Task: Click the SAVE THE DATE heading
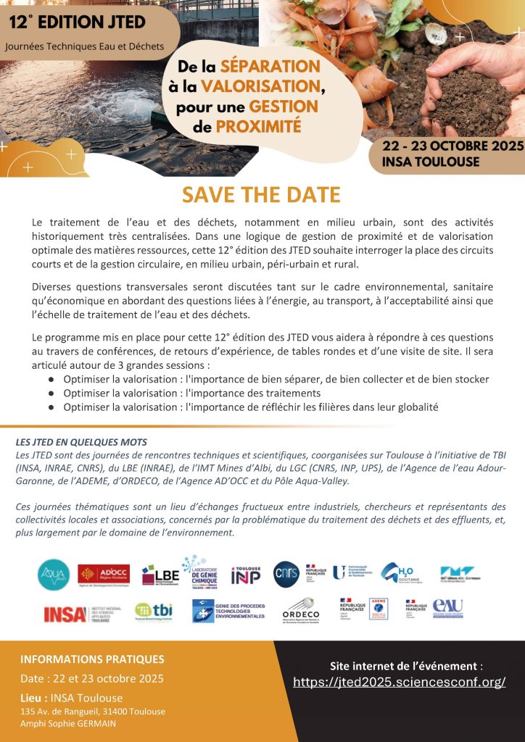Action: click(x=261, y=196)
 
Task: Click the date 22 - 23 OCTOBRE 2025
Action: click(x=453, y=146)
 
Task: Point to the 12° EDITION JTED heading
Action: click(x=78, y=22)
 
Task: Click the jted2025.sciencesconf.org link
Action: click(x=400, y=682)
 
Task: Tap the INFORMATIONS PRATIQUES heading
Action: click(x=92, y=659)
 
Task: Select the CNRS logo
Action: click(x=286, y=574)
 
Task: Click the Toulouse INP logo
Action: click(x=246, y=575)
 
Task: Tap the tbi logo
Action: click(x=154, y=612)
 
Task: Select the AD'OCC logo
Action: click(x=104, y=575)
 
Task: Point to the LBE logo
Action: click(x=160, y=575)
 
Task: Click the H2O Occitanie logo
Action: click(x=400, y=574)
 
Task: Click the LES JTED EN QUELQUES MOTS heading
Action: click(x=81, y=442)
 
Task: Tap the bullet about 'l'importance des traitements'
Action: click(x=191, y=393)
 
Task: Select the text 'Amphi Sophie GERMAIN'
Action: click(x=67, y=723)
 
